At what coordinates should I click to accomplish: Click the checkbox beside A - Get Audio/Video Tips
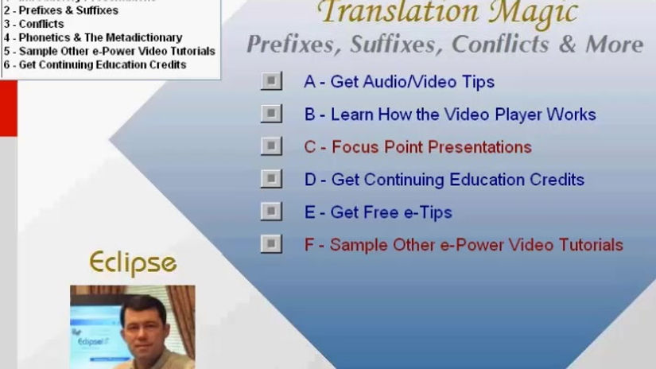pyautogui.click(x=271, y=81)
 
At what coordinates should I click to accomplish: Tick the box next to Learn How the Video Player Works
pyautogui.click(x=271, y=114)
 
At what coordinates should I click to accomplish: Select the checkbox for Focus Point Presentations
pyautogui.click(x=271, y=146)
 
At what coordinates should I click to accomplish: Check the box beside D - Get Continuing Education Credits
pyautogui.click(x=271, y=179)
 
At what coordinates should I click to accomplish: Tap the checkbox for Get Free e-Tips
pyautogui.click(x=271, y=212)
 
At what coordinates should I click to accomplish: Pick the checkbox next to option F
pyautogui.click(x=271, y=244)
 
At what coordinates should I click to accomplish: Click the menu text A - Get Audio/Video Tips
pyautogui.click(x=399, y=82)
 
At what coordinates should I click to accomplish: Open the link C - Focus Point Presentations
pyautogui.click(x=417, y=147)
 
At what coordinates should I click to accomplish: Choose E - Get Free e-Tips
pyautogui.click(x=378, y=212)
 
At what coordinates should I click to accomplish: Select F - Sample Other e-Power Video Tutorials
pyautogui.click(x=464, y=245)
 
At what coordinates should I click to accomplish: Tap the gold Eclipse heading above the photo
pyautogui.click(x=133, y=262)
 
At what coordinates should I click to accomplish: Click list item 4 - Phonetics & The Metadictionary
pyautogui.click(x=92, y=37)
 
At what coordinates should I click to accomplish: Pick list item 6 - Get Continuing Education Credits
pyautogui.click(x=95, y=64)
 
